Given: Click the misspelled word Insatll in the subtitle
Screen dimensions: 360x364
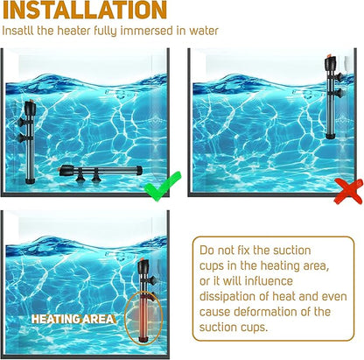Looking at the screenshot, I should pos(17,31).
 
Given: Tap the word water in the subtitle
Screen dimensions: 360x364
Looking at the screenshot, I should pos(204,31).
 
